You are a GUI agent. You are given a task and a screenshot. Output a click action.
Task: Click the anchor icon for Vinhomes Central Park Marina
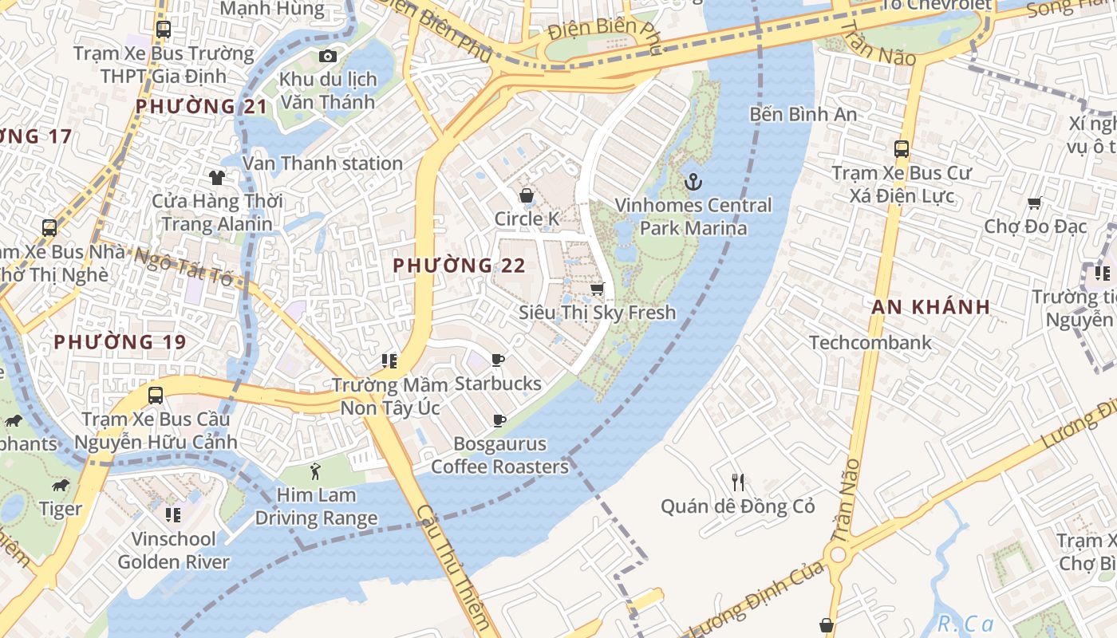pos(693,182)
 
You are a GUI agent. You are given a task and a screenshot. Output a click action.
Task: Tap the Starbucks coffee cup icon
pos(498,360)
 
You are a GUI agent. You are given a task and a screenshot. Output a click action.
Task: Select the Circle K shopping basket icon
pos(527,195)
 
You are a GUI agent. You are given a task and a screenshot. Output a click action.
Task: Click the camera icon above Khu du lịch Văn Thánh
pos(327,56)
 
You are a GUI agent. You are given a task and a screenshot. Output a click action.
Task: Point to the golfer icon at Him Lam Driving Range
pos(315,471)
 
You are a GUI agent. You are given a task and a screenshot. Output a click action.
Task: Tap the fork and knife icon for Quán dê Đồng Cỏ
pos(738,482)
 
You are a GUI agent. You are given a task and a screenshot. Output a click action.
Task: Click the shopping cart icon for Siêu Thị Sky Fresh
pos(597,289)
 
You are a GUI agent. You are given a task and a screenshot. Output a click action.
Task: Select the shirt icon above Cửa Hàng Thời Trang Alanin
pos(216,177)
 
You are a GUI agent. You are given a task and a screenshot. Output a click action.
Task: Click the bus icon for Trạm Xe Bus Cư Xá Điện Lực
pos(902,149)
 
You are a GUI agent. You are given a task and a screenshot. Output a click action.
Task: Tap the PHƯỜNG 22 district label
pos(460,266)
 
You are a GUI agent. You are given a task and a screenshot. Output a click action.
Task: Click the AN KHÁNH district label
pos(931,307)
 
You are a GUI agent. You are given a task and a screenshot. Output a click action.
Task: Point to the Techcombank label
pos(870,343)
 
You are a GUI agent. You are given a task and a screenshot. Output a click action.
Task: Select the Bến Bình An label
pos(803,114)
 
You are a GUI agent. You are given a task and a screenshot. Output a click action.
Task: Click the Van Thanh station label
pos(322,163)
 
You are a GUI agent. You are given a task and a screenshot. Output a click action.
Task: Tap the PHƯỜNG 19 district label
pos(120,342)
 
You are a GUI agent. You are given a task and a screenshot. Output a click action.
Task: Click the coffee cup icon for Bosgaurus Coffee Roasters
pos(499,420)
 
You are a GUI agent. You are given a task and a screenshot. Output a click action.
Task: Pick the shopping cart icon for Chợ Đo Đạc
pos(1035,203)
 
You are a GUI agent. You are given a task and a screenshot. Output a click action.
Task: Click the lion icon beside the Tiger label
pos(61,485)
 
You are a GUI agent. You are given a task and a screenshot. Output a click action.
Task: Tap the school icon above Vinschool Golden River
pos(172,515)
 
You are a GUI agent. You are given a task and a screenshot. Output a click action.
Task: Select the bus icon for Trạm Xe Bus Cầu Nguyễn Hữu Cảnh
pos(156,395)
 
